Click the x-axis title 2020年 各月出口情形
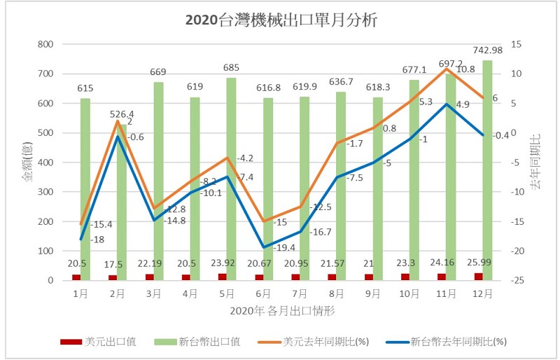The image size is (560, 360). click(x=281, y=310)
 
